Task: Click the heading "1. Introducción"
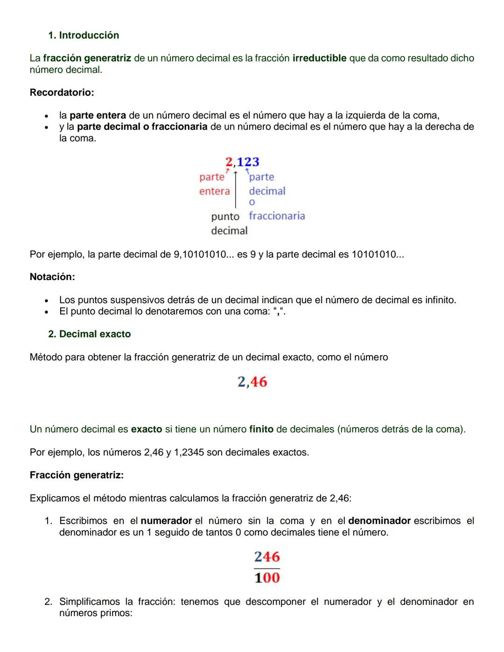84,35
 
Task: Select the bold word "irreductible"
319,58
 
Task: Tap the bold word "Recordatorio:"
62,92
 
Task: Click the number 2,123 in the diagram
242,162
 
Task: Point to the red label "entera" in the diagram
214,191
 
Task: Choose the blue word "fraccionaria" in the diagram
277,216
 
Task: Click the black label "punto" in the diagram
225,217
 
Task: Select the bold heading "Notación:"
52,277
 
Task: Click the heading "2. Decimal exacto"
89,334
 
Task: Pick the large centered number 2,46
252,382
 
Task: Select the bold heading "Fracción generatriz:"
77,475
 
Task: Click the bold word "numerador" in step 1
166,521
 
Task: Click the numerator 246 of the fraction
267,557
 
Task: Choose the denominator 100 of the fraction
267,578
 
